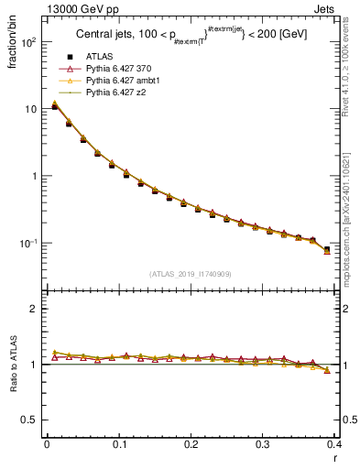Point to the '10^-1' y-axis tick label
[x=27, y=244]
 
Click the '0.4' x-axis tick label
[x=335, y=445]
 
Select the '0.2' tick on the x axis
[x=191, y=445]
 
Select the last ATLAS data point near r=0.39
[x=327, y=249]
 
